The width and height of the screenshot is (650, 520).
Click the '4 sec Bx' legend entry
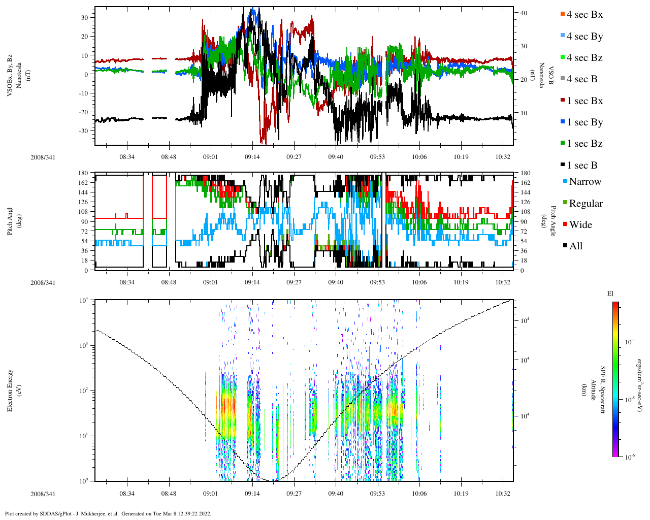coord(584,15)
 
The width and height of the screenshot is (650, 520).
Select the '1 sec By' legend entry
coord(584,122)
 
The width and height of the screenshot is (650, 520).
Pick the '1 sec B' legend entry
coord(582,166)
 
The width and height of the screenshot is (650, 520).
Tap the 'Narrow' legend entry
coord(584,182)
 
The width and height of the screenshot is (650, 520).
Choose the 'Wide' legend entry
coord(580,225)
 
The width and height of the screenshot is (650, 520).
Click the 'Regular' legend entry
coord(586,204)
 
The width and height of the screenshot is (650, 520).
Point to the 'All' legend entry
coord(575,246)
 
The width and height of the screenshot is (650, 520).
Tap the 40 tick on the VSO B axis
coord(524,13)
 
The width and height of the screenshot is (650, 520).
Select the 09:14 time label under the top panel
coord(252,157)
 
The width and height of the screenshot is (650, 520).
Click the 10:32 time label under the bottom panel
coord(503,494)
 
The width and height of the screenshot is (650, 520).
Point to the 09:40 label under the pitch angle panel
coord(336,282)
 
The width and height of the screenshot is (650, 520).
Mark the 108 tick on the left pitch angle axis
coord(83,212)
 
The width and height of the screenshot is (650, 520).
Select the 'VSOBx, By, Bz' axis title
coord(10,76)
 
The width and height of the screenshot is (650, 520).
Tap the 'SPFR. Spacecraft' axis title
coord(603,390)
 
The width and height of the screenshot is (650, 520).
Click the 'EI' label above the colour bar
coord(610,294)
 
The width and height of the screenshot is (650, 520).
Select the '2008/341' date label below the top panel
coord(43,157)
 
